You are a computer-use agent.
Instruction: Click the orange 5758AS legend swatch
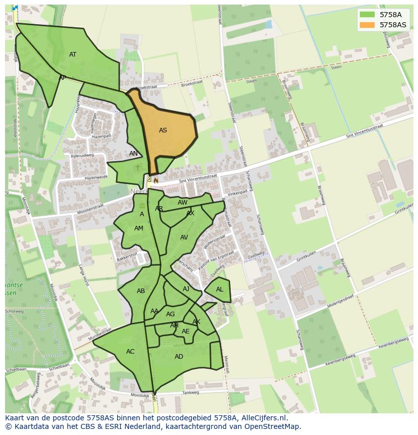(367, 25)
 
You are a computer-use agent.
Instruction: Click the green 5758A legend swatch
(367, 15)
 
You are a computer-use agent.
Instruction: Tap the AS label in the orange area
(163, 130)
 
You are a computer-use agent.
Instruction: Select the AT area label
(73, 55)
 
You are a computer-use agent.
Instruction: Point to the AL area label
(220, 289)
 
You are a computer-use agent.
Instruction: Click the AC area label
(130, 352)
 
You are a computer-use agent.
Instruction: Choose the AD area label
(179, 357)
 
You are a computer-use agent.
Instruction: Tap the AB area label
(141, 291)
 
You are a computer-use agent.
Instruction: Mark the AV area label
(184, 237)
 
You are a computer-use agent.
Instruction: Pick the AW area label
(183, 203)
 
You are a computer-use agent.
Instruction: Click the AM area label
(139, 228)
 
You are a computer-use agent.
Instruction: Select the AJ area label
(186, 289)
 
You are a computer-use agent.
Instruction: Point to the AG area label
(171, 314)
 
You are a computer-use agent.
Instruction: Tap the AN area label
(133, 154)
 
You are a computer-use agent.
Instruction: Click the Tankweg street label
(191, 393)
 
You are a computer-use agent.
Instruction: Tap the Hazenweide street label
(96, 178)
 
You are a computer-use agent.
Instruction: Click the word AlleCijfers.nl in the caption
(263, 418)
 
